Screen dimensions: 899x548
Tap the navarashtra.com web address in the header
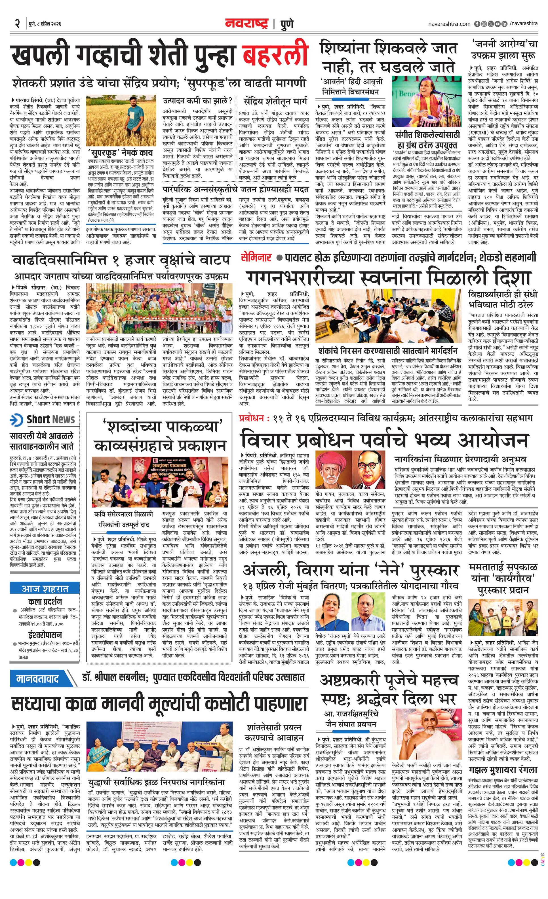[449, 24]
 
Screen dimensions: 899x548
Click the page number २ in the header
[17, 24]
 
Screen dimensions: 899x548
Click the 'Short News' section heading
[50, 419]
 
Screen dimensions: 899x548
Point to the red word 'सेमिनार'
[256, 258]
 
